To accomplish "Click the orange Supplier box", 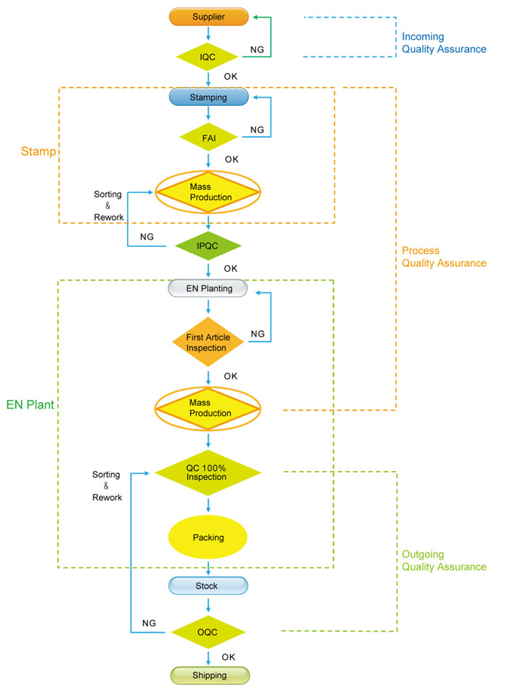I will pyautogui.click(x=209, y=16).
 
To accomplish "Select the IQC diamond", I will pyautogui.click(x=209, y=55).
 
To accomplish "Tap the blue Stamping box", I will pyautogui.click(x=209, y=97).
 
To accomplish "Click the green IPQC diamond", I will pyautogui.click(x=209, y=245).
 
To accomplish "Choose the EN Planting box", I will pyautogui.click(x=209, y=288).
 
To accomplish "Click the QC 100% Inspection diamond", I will pyautogui.click(x=209, y=473).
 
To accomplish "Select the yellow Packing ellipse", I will pyautogui.click(x=209, y=538).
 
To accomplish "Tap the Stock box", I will pyautogui.click(x=209, y=586).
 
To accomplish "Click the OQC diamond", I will pyautogui.click(x=209, y=632).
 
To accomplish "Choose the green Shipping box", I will pyautogui.click(x=209, y=675).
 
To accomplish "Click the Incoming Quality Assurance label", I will pyautogui.click(x=443, y=43).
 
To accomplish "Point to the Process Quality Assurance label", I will pyautogui.click(x=443, y=257).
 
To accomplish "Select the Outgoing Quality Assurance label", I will pyautogui.click(x=443, y=560).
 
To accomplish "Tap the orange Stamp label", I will pyautogui.click(x=35, y=154).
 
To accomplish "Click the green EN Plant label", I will pyautogui.click(x=30, y=404).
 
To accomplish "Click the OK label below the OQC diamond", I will pyautogui.click(x=229, y=657).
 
